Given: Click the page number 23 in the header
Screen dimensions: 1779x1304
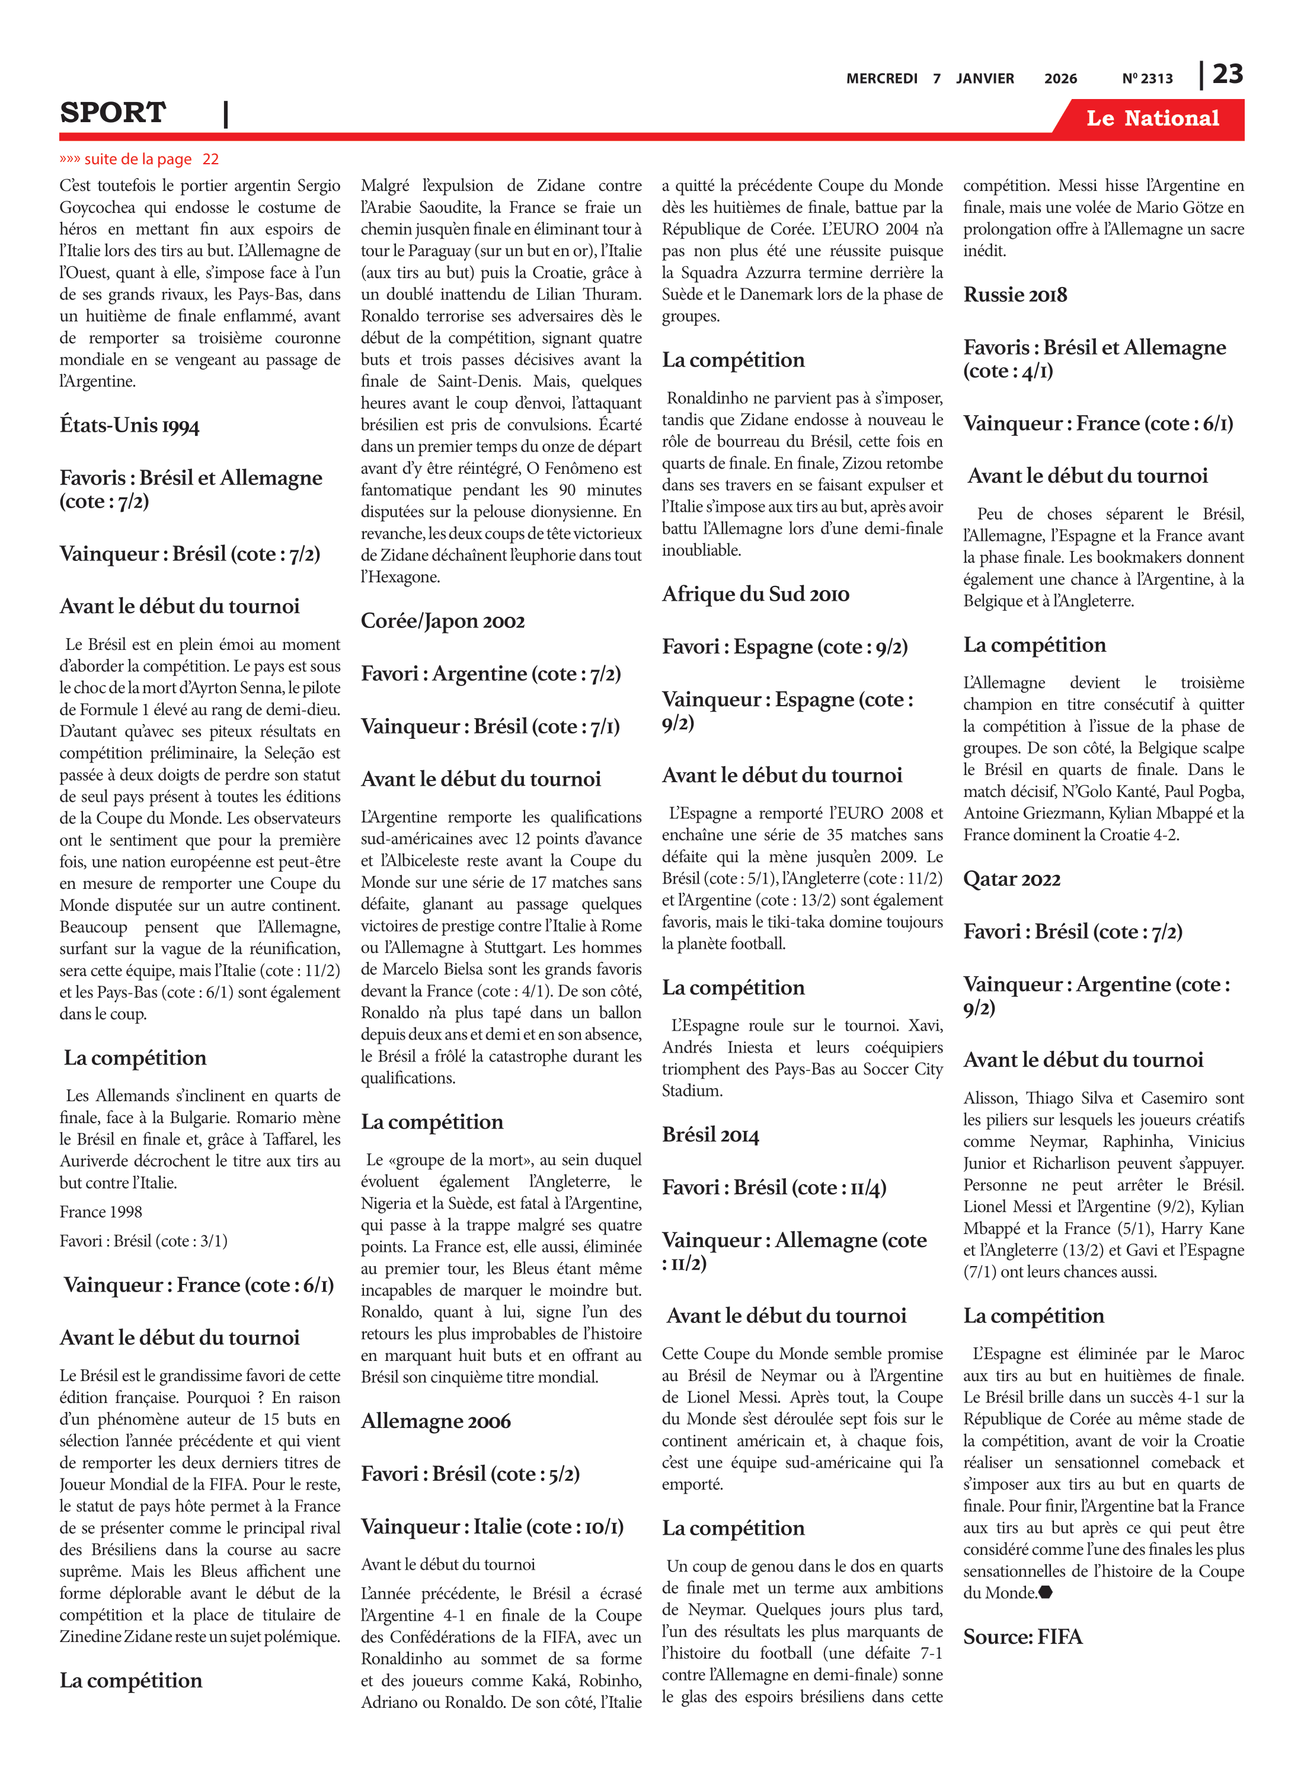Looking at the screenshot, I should (1228, 74).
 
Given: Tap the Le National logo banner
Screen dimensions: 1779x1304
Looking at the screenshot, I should (1152, 119).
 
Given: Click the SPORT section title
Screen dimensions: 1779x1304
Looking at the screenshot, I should (113, 113).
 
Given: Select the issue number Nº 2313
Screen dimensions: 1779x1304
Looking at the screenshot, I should (1147, 79).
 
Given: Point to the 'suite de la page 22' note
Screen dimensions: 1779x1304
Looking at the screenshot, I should (139, 160).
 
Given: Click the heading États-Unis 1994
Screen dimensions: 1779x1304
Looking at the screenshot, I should (129, 426).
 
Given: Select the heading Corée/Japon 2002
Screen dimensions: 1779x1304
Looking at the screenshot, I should (442, 621).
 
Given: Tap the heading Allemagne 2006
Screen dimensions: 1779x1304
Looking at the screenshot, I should (436, 1421).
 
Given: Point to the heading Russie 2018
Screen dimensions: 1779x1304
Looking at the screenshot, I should (1015, 295).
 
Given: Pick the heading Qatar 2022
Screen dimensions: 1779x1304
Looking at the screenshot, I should (1011, 879).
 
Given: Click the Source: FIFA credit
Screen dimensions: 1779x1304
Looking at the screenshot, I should (1022, 1637).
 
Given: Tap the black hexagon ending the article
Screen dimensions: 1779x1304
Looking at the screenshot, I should (1046, 1593).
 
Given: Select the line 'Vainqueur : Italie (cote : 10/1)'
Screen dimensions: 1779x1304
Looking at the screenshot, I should (492, 1527).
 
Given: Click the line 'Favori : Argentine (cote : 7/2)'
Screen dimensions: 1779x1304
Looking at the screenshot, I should (490, 674).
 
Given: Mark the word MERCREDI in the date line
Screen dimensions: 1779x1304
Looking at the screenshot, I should (882, 79).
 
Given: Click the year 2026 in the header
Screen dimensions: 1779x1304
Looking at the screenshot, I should (1060, 79).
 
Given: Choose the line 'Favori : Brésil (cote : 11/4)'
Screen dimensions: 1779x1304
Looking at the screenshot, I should (774, 1188).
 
